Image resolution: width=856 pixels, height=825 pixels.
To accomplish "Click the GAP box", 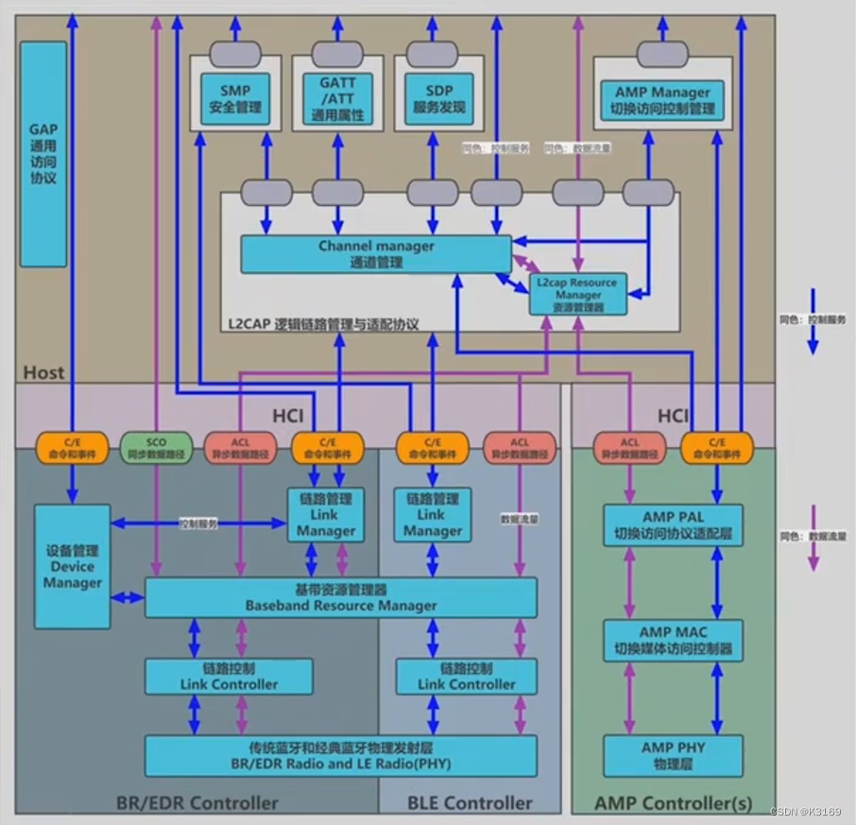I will (x=43, y=154).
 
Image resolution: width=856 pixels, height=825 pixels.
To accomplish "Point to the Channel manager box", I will (x=376, y=254).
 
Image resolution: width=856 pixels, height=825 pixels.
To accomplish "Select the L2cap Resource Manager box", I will (x=576, y=295).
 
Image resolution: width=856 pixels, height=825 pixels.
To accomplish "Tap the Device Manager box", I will (x=72, y=566).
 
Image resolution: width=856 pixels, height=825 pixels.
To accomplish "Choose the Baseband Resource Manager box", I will (x=340, y=598).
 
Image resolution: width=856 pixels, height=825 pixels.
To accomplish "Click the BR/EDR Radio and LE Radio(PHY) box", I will (x=340, y=755).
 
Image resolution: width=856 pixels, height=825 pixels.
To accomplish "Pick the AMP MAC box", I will (x=673, y=641).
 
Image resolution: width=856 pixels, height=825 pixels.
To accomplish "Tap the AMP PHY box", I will (x=673, y=756).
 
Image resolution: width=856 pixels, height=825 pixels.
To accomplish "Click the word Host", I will (x=43, y=371).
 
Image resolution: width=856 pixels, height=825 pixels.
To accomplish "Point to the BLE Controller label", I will (x=470, y=803).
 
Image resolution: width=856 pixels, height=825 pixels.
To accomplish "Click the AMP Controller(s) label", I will (x=673, y=803).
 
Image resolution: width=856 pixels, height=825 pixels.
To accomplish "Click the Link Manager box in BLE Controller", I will (x=432, y=515).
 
